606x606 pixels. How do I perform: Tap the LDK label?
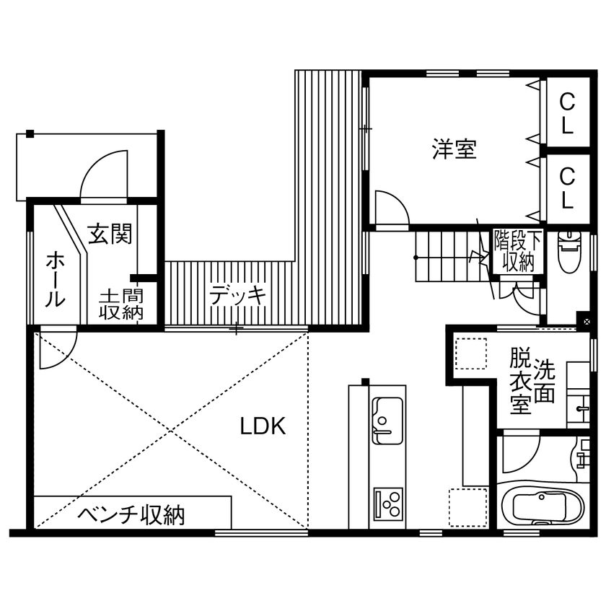point(263,426)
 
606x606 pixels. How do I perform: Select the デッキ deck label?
point(238,295)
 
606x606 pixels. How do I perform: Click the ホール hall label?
point(55,279)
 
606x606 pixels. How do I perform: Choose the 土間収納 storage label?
point(120,304)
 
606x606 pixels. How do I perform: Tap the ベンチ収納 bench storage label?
point(131,514)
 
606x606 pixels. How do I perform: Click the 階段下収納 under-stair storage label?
point(517,251)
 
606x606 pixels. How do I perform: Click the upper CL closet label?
point(567,113)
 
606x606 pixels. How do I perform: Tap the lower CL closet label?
point(567,187)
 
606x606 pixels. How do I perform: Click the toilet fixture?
point(568,250)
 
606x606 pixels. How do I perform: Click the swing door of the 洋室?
point(390,209)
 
